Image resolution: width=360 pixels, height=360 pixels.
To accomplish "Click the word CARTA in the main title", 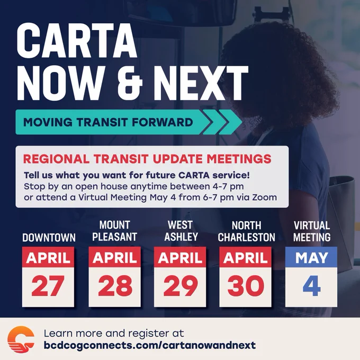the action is click(77, 41).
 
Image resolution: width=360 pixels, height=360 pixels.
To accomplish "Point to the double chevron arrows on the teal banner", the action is click(222, 122).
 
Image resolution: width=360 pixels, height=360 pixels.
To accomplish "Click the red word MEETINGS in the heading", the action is click(239, 159).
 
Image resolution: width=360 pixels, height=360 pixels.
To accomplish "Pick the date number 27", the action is click(48, 286).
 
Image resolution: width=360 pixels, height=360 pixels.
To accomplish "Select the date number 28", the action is click(115, 286).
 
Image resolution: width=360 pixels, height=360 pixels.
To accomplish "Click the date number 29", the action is click(180, 286).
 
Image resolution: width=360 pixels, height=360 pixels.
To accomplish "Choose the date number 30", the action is click(246, 286).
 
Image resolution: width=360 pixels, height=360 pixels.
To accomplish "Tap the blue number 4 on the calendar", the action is click(311, 286).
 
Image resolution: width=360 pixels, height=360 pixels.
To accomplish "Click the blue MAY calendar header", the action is click(311, 257).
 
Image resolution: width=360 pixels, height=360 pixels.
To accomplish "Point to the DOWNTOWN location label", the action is click(49, 238).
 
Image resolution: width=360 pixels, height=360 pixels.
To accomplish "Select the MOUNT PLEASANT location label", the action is click(115, 231).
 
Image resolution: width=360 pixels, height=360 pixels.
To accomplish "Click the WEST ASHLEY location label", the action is click(181, 231).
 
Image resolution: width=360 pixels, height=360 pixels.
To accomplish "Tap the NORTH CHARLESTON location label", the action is click(246, 231).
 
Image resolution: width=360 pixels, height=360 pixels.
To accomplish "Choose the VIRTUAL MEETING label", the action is click(312, 231).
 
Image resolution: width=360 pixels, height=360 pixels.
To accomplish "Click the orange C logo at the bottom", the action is click(21, 339).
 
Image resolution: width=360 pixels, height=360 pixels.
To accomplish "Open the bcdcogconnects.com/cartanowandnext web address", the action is click(150, 345).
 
